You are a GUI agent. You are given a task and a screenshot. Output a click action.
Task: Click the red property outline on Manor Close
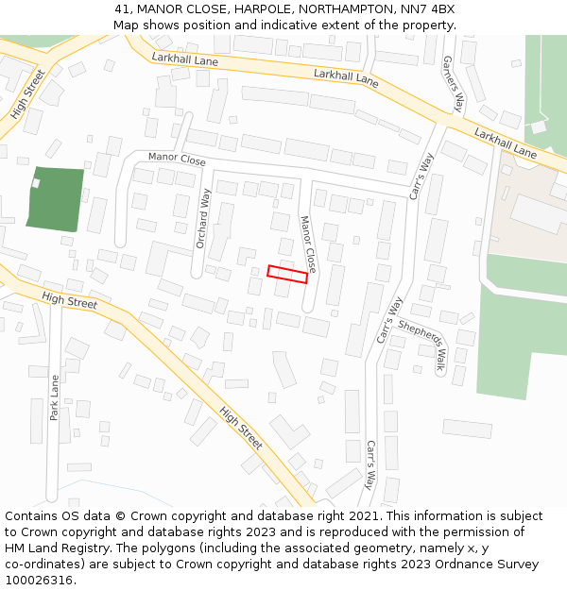[x=287, y=274]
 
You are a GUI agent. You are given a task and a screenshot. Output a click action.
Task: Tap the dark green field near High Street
[x=56, y=198]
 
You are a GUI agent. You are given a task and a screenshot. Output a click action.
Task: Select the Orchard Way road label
[x=203, y=218]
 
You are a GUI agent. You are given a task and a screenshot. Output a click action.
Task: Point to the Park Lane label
[x=55, y=397]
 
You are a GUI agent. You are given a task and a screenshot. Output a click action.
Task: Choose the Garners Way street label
[x=454, y=84]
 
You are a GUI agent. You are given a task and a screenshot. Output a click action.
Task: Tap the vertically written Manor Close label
[x=308, y=244]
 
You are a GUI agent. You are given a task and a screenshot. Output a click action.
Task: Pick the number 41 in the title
[x=121, y=8]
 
